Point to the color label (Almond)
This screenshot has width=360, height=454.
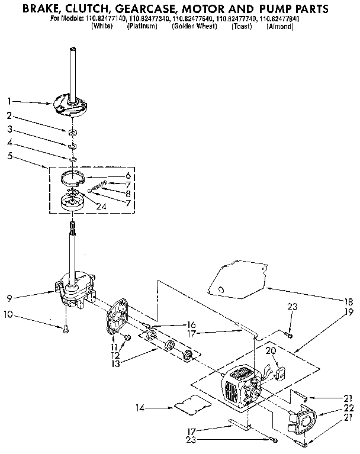click(x=279, y=27)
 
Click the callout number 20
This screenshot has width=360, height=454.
click(x=272, y=350)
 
